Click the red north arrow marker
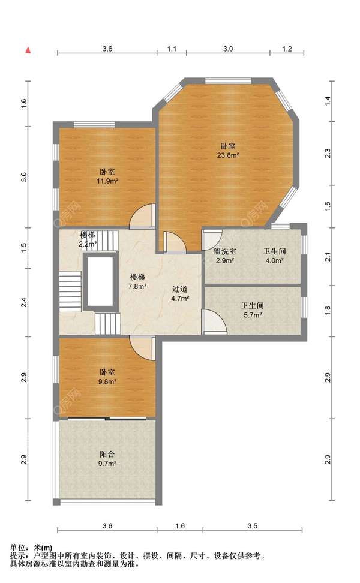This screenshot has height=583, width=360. [x=28, y=50]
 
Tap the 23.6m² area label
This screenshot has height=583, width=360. [x=228, y=155]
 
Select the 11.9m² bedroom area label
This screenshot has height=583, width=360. [x=107, y=181]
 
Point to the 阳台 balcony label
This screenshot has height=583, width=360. [x=107, y=454]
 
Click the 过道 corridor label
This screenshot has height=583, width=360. [x=180, y=289]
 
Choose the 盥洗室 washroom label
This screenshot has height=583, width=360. [x=224, y=251]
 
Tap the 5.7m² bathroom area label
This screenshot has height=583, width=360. [x=253, y=315]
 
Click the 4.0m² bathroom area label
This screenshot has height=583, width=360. [x=274, y=261]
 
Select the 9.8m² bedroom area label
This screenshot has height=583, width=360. [x=107, y=381]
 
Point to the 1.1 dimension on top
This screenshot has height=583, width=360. [x=172, y=49]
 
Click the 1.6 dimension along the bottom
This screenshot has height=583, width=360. [x=180, y=526]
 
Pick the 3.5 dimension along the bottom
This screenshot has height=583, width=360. [x=253, y=526]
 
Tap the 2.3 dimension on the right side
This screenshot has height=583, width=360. [x=328, y=153]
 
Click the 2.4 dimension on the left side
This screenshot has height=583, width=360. [x=24, y=302]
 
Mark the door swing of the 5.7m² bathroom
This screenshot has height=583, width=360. [x=215, y=321]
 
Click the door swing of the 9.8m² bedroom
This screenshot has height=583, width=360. [x=142, y=348]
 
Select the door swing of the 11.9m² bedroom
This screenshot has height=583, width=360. [x=142, y=216]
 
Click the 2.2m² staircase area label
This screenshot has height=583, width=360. [x=88, y=244]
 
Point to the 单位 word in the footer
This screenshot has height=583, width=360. [x=17, y=547]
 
